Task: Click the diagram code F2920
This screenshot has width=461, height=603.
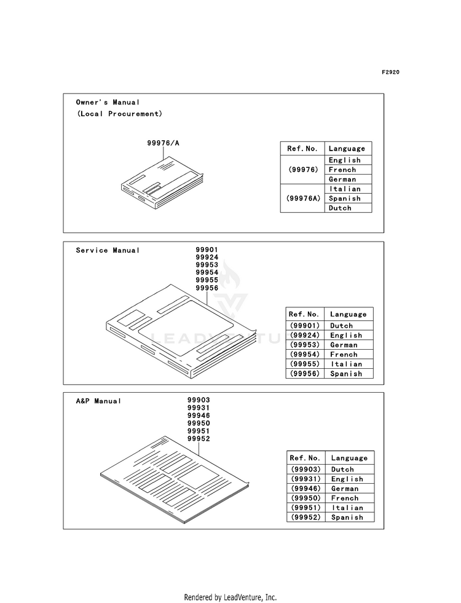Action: pyautogui.click(x=390, y=73)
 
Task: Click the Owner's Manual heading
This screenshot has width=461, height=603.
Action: pyautogui.click(x=108, y=102)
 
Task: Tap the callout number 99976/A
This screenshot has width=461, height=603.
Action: pyautogui.click(x=163, y=143)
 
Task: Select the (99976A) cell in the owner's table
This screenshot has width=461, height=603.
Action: pyautogui.click(x=302, y=199)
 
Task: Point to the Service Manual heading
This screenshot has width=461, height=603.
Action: pyautogui.click(x=108, y=250)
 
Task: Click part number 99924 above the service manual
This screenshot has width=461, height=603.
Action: pyautogui.click(x=207, y=257)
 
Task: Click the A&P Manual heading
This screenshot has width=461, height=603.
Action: pyautogui.click(x=98, y=401)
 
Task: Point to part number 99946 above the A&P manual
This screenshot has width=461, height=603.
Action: pyautogui.click(x=199, y=416)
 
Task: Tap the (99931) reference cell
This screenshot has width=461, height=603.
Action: pyautogui.click(x=305, y=479)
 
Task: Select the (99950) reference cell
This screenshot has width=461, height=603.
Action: pyautogui.click(x=305, y=498)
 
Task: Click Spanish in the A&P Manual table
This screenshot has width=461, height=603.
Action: pyautogui.click(x=347, y=518)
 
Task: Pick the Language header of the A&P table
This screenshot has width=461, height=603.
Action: pyautogui.click(x=349, y=458)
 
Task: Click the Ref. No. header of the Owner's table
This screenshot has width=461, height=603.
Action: pyautogui.click(x=302, y=149)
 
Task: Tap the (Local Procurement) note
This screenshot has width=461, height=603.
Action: pyautogui.click(x=120, y=114)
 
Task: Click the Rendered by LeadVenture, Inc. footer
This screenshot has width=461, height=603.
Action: pyautogui.click(x=230, y=597)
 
